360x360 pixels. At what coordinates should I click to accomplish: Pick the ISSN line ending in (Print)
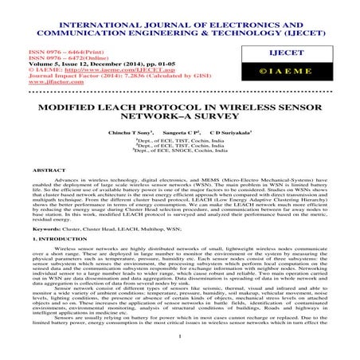tap(47, 50)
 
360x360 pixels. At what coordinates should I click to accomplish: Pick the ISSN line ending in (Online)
tap(49, 57)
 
